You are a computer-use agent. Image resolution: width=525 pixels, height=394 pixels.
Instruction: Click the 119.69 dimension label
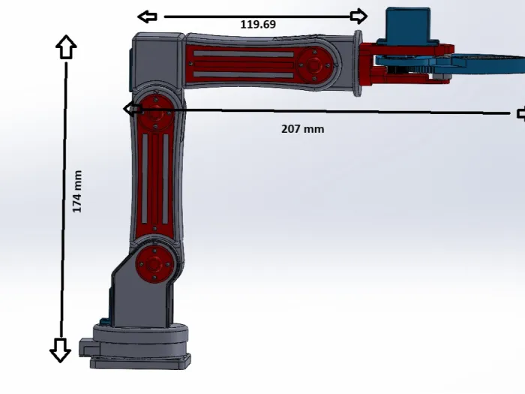tap(258, 25)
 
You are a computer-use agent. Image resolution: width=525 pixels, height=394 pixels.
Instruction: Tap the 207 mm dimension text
tap(303, 129)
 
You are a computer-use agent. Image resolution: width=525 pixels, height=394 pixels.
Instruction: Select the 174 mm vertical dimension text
tap(77, 191)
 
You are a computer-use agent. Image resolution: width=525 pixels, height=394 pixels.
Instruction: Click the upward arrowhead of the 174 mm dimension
tap(66, 47)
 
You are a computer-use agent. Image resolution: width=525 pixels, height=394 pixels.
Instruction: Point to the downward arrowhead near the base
tap(60, 350)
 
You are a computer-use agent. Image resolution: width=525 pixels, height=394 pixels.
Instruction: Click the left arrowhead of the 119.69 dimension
tap(147, 17)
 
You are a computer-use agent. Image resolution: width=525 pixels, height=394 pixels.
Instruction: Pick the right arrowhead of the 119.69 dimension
tap(358, 16)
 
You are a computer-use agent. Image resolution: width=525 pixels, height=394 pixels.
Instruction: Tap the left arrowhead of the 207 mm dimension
tap(133, 109)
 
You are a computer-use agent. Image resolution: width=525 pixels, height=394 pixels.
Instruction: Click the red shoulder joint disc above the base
tap(154, 265)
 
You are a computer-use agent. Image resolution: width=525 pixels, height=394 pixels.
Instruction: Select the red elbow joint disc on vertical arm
tap(155, 113)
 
